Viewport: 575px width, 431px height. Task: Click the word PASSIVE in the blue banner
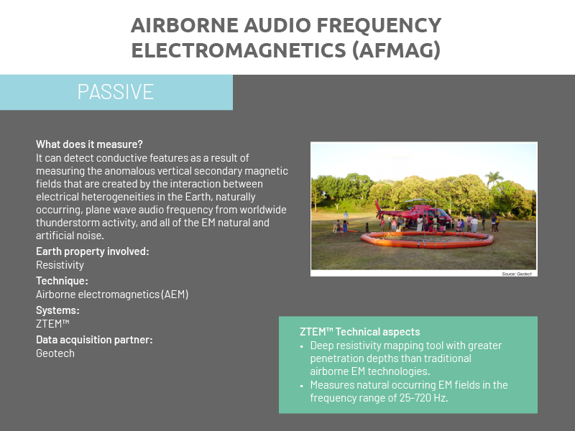(x=116, y=92)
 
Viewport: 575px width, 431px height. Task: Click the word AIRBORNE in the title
(x=185, y=25)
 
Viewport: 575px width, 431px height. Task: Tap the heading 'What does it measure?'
(x=89, y=144)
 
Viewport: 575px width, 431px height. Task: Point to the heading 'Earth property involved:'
(x=93, y=251)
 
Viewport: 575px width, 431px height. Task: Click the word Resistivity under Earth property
(x=60, y=265)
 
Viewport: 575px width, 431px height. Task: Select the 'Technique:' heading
(x=62, y=281)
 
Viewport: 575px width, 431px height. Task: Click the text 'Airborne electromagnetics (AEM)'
(x=112, y=295)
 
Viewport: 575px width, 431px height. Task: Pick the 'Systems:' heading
(x=57, y=310)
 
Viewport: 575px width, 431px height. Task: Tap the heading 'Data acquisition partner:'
(x=94, y=340)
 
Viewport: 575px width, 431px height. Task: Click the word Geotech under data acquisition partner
(x=55, y=353)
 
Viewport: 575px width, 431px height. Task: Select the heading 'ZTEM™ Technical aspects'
(x=360, y=332)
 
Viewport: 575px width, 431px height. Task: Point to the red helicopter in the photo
(x=414, y=213)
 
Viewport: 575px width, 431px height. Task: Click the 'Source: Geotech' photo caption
(x=517, y=274)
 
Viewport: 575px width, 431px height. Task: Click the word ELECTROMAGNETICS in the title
(x=239, y=50)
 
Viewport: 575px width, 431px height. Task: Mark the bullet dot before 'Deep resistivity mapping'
(x=302, y=346)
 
